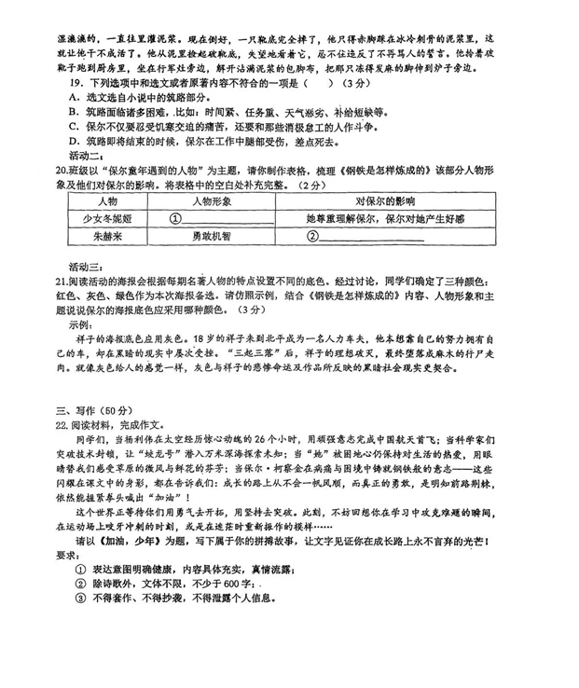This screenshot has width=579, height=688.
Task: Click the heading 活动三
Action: point(88,266)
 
